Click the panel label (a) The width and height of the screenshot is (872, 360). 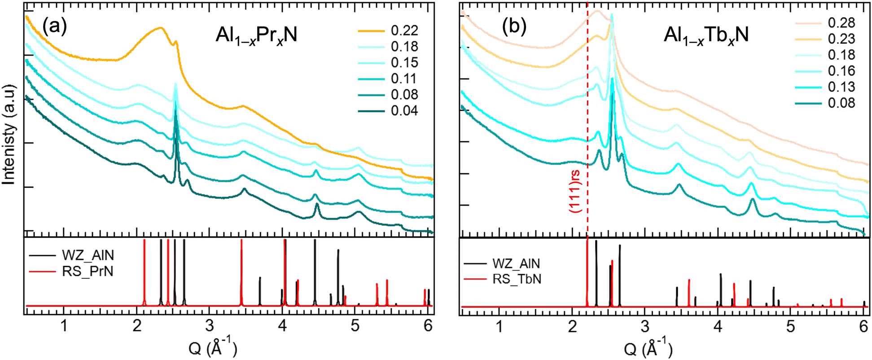[x=54, y=27]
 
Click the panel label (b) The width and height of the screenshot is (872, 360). [x=513, y=27]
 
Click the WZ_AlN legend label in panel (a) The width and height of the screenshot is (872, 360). [x=88, y=255]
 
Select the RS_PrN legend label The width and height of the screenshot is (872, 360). [x=88, y=271]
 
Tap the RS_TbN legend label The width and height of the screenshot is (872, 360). [x=517, y=279]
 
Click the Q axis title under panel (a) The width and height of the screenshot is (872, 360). [x=212, y=348]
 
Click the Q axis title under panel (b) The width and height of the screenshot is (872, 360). [x=648, y=348]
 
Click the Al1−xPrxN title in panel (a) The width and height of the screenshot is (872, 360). [x=256, y=35]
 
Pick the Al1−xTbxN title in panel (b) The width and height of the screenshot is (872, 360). [x=706, y=35]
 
